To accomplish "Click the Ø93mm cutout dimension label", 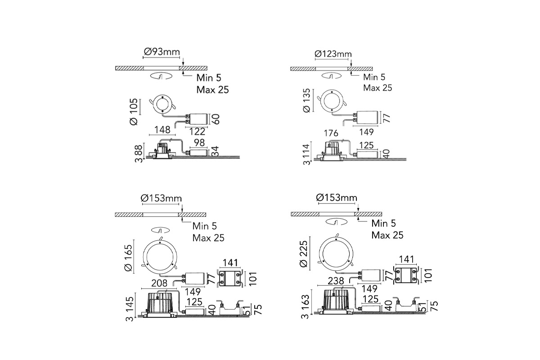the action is tap(162, 52).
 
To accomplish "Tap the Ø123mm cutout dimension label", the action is tap(333, 54).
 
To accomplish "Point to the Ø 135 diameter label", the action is tap(306, 100).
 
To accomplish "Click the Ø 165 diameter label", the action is tap(128, 258).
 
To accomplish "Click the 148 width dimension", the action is tap(162, 130).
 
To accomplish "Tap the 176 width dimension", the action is tap(331, 133).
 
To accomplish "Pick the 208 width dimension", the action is tap(159, 283).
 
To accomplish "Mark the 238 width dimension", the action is tap(336, 281).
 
